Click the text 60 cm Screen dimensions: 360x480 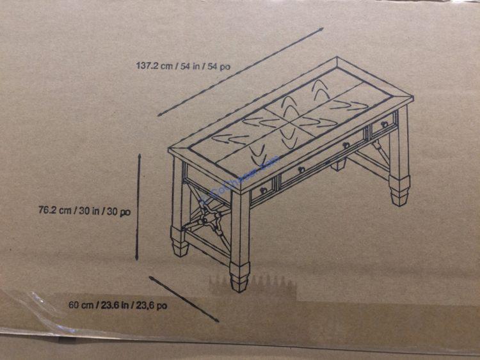click(81, 305)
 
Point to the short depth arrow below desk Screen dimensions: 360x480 click(184, 299)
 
